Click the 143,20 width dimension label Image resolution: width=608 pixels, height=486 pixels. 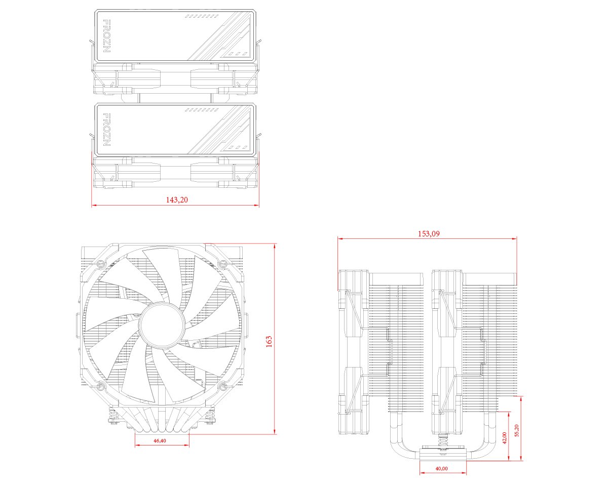click(177, 200)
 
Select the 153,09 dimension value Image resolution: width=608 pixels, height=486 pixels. click(429, 234)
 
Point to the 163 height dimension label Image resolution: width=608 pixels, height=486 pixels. click(269, 341)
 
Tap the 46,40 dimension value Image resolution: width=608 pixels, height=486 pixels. click(160, 441)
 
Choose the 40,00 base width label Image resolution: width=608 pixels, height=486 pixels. click(442, 468)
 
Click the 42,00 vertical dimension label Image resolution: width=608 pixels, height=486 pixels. click(505, 438)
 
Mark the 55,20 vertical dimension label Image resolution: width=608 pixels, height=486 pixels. click(517, 431)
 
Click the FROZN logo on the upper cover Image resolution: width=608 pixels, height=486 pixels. click(107, 36)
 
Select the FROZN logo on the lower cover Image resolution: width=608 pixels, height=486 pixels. click(107, 130)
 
